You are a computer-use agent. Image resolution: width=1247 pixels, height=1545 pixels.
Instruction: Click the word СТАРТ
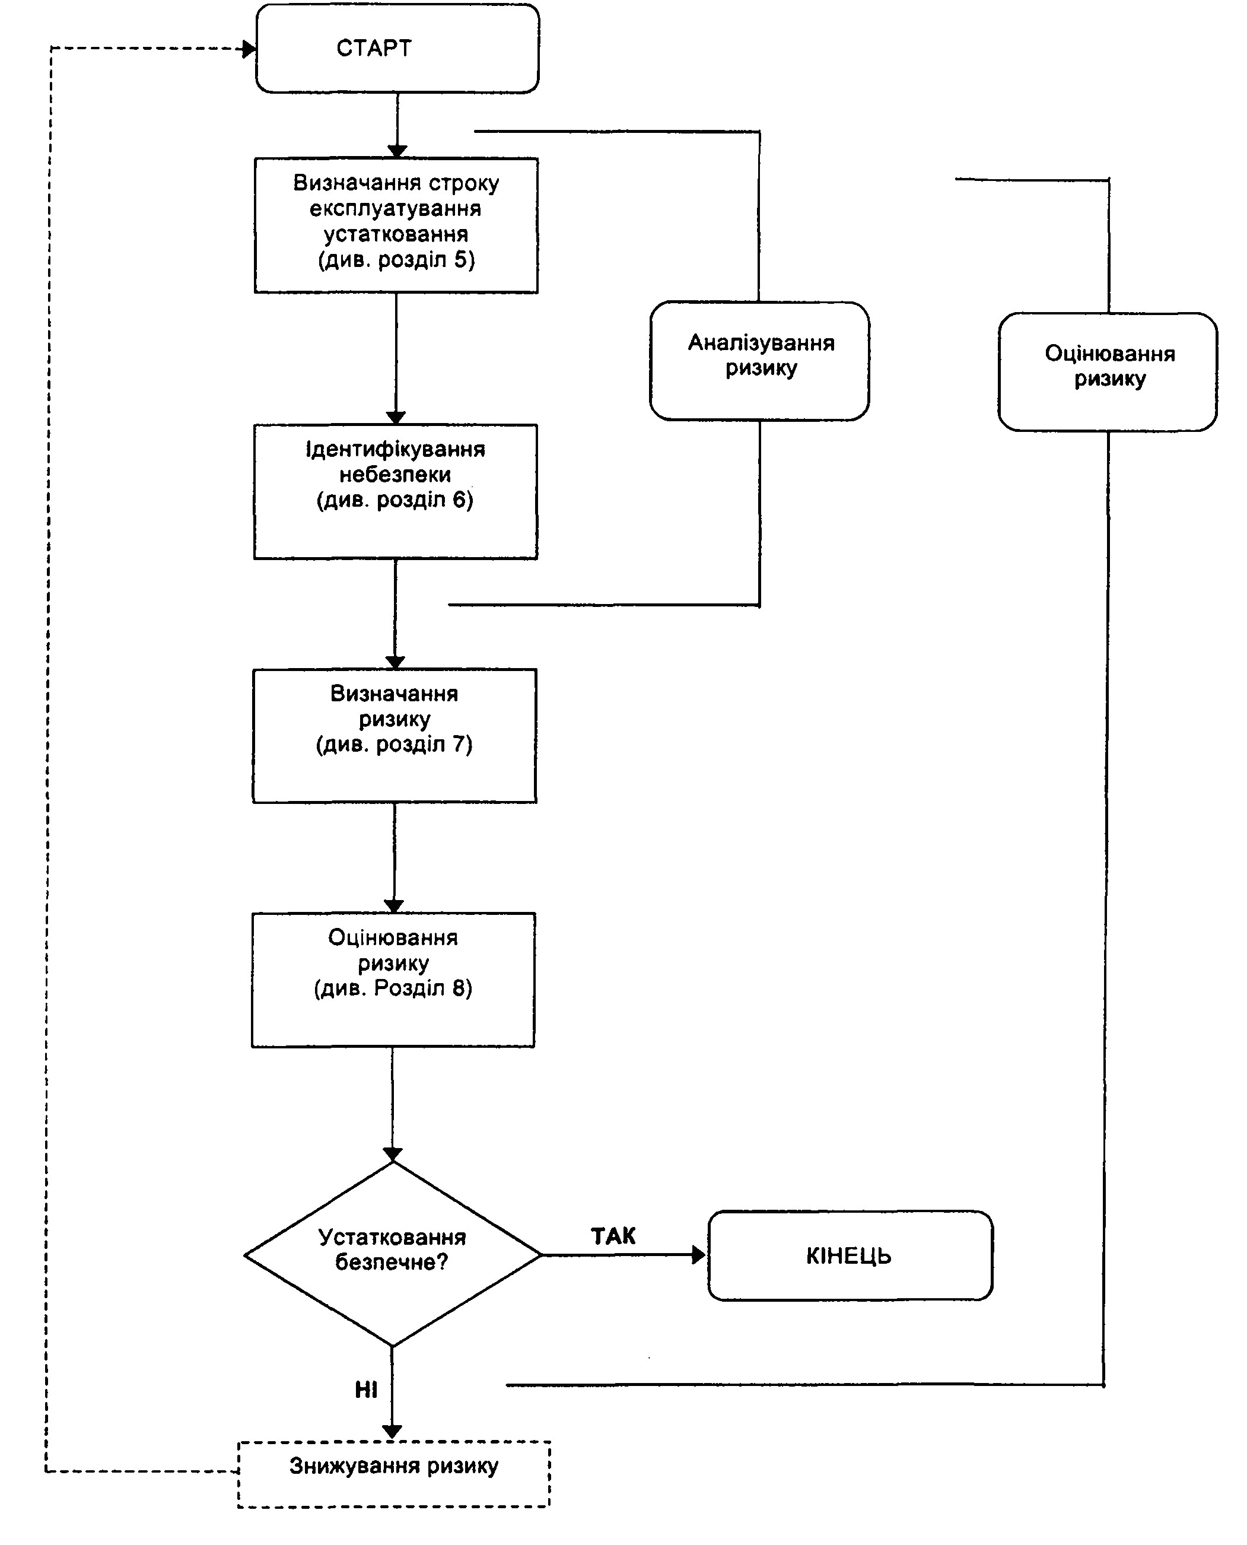[374, 48]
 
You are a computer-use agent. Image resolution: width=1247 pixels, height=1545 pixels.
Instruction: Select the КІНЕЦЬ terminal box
[850, 1255]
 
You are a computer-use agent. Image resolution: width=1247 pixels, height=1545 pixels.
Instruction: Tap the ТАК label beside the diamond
[613, 1235]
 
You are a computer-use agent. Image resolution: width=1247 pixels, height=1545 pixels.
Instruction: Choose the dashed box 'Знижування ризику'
[394, 1473]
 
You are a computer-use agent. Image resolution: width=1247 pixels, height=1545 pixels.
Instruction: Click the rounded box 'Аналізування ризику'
[759, 361]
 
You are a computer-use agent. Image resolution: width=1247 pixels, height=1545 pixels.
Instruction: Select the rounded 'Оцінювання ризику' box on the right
[1108, 371]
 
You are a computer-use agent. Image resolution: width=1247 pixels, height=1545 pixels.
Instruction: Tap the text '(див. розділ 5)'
[396, 259]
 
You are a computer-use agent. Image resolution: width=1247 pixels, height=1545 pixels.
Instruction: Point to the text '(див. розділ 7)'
[395, 744]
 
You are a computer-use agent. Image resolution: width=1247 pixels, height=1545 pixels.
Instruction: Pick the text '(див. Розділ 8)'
[393, 988]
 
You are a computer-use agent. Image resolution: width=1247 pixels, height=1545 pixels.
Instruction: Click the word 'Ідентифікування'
[395, 450]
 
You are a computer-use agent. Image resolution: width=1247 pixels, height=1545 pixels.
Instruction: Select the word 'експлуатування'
[395, 208]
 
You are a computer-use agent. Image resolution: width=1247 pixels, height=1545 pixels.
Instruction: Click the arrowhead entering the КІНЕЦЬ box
[699, 1255]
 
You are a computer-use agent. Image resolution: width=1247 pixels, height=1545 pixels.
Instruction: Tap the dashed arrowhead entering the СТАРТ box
[249, 49]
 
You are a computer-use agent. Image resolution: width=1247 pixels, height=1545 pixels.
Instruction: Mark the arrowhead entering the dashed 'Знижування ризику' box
[392, 1433]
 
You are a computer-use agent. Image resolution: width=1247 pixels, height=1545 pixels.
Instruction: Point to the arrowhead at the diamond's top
[392, 1153]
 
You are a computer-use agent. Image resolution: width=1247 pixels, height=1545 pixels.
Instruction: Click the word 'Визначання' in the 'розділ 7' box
[395, 693]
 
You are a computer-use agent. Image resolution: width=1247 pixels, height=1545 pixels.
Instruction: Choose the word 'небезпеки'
[395, 474]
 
